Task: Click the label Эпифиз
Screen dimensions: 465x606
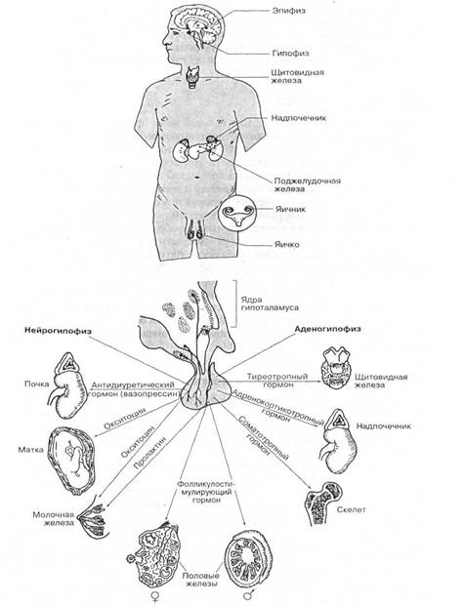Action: pyautogui.click(x=288, y=11)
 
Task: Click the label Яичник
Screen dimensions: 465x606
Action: pyautogui.click(x=290, y=209)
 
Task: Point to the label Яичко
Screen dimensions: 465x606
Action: pyautogui.click(x=287, y=244)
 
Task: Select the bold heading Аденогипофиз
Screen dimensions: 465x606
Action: pyautogui.click(x=327, y=329)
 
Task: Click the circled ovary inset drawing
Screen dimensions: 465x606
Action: pyautogui.click(x=236, y=214)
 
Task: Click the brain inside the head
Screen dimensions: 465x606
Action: pyautogui.click(x=198, y=25)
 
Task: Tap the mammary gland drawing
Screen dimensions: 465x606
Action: pyautogui.click(x=92, y=520)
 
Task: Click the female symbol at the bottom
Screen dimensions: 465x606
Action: pyautogui.click(x=155, y=596)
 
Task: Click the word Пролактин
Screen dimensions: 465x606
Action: pyautogui.click(x=148, y=453)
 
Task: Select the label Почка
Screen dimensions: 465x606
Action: pyautogui.click(x=37, y=384)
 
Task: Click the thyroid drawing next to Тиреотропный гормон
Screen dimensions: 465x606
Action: pyautogui.click(x=336, y=367)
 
